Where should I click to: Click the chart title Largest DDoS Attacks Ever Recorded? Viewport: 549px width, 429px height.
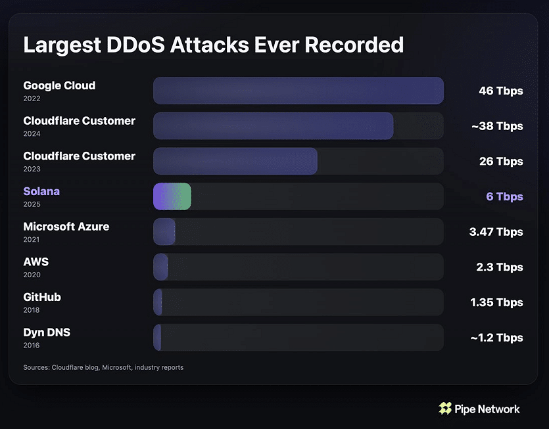pos(213,45)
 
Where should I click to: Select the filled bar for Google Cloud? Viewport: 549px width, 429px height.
pos(298,91)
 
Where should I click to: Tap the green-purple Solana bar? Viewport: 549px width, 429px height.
pos(172,196)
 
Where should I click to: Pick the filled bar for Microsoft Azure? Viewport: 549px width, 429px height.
pos(164,232)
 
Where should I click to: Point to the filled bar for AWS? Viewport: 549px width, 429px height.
pos(160,267)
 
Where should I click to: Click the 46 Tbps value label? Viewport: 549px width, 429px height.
pos(500,91)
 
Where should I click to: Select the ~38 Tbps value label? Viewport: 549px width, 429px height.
pos(497,126)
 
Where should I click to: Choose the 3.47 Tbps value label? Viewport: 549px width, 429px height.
pos(496,232)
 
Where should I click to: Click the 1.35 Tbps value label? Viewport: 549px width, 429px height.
pos(496,302)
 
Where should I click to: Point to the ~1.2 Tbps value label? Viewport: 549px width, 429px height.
pos(496,338)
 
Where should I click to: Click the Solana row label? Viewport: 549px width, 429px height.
pos(41,192)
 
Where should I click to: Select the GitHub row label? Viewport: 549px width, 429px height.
pos(42,297)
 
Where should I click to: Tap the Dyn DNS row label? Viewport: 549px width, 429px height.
pos(47,332)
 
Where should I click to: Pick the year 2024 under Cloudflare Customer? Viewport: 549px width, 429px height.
pos(32,134)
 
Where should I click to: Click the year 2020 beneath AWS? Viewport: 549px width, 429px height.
pos(32,275)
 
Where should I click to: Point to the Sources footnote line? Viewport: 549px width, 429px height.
pos(103,367)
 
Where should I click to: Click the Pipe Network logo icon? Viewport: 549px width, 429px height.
pos(445,409)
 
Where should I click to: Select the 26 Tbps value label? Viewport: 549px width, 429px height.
pos(501,162)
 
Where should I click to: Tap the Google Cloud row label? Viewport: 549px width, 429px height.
pos(59,85)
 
